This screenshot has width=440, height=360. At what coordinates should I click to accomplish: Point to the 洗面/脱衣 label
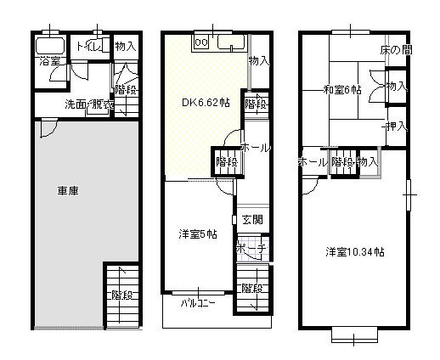[x=89, y=104]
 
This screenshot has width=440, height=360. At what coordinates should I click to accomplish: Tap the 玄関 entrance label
[x=252, y=219]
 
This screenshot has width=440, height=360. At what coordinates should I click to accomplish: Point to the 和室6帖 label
[x=342, y=90]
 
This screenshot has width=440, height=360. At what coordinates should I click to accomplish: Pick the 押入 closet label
[x=395, y=127]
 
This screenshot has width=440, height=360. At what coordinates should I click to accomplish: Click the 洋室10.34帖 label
[x=355, y=252]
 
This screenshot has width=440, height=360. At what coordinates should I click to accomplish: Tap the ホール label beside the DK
[x=256, y=148]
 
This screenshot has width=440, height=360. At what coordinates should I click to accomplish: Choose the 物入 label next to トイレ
[x=125, y=47]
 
